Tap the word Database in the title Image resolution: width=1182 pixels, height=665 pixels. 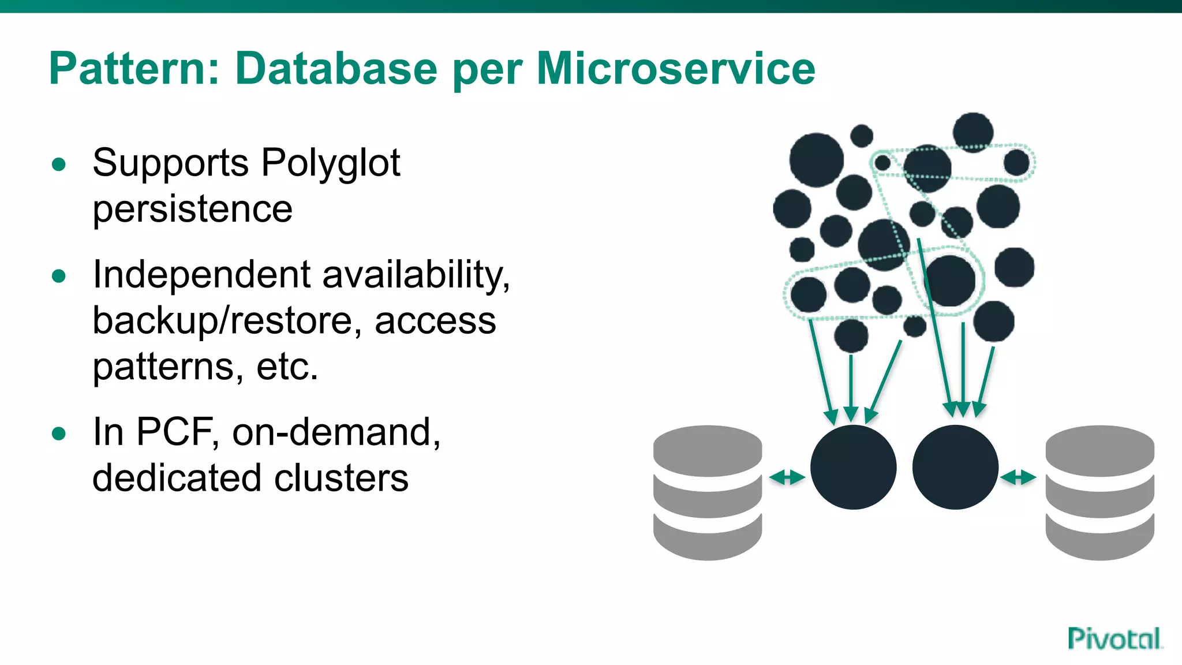pos(336,69)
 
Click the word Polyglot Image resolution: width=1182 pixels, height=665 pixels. pos(331,163)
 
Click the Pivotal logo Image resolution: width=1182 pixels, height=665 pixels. pos(1114,639)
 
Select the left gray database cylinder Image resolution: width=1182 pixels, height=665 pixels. pos(708,492)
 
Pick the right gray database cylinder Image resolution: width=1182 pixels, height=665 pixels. pos(1099,492)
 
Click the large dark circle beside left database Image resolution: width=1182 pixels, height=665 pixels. pos(853,468)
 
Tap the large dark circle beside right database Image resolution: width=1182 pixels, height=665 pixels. pos(955,468)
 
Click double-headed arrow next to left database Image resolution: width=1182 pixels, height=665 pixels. pos(787,477)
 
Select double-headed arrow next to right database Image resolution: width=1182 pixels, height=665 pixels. pos(1018,477)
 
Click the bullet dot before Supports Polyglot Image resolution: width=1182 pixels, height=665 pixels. pos(59,165)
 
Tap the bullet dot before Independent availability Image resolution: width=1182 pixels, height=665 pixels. pos(59,276)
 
